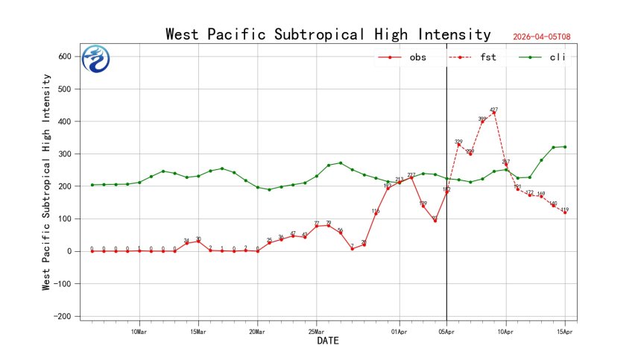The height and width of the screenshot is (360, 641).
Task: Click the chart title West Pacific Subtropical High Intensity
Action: [x=328, y=34]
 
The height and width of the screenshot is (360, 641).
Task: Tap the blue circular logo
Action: [x=95, y=59]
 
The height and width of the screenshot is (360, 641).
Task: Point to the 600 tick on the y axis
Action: [x=65, y=57]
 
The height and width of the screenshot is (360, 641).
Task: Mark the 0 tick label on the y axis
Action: [x=71, y=251]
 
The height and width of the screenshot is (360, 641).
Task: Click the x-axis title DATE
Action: [x=328, y=341]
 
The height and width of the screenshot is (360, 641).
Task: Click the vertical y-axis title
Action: [x=46, y=182]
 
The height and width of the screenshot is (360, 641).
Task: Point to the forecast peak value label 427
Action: [x=494, y=110]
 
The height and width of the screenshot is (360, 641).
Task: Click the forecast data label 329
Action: [x=458, y=142]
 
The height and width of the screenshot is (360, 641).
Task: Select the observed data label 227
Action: [x=411, y=174]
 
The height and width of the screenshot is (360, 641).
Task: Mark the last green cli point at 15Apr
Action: [x=565, y=147]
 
